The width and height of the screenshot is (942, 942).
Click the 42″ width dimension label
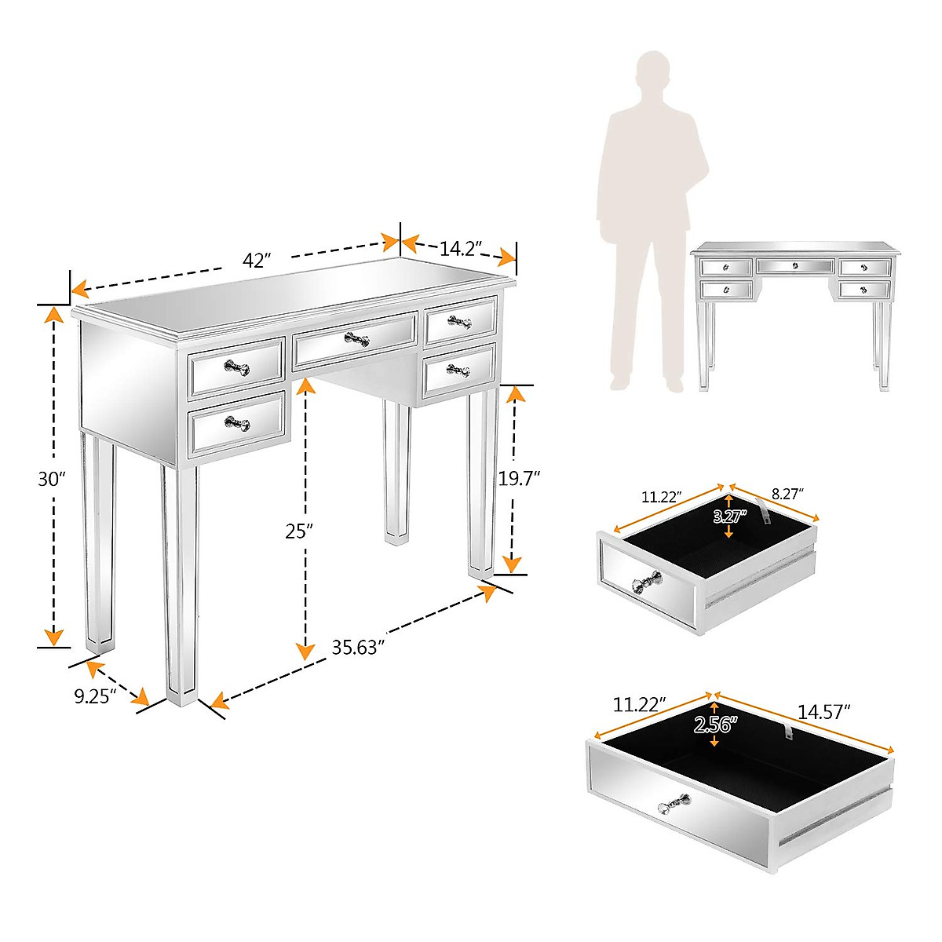tap(257, 261)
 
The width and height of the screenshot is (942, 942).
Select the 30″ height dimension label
tap(51, 480)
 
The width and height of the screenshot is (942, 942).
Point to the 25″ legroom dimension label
tap(298, 531)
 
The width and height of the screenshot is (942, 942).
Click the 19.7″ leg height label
tap(519, 479)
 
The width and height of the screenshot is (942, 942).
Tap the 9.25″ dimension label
tap(95, 696)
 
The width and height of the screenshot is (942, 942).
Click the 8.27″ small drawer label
tap(787, 495)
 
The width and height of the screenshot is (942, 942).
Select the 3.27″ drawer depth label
tap(729, 517)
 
